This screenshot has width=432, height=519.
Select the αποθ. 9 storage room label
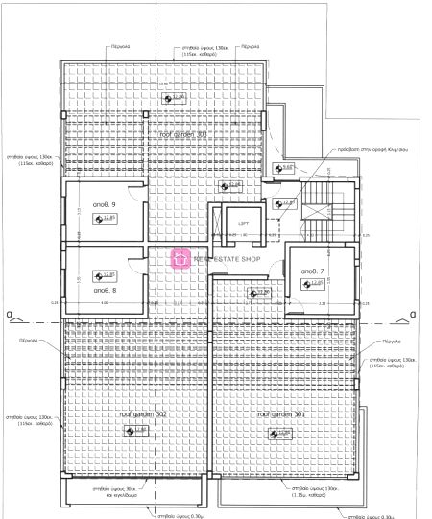click(105, 205)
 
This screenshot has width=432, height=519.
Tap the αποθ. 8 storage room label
click(105, 288)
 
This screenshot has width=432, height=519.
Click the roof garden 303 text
click(177, 136)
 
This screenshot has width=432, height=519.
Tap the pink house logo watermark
click(180, 258)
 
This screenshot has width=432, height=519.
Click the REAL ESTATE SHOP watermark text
click(228, 258)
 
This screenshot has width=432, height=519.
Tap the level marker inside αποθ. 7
click(314, 283)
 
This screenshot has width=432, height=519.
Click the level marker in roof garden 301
click(280, 433)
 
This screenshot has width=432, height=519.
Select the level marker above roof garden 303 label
click(174, 98)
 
